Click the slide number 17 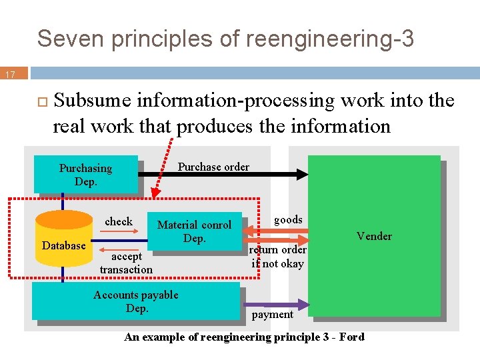pos(11,75)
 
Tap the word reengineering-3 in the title pos(329,39)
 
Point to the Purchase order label pos(213,167)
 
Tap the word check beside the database pos(119,221)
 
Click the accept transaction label pos(126,263)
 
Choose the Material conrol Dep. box pos(194,231)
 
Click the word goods pos(288,219)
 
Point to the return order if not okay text pos(277,257)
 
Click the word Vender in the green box pos(374,236)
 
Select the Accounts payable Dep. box pos(135,301)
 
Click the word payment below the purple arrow pos(273,315)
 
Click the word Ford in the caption pos(351,337)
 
